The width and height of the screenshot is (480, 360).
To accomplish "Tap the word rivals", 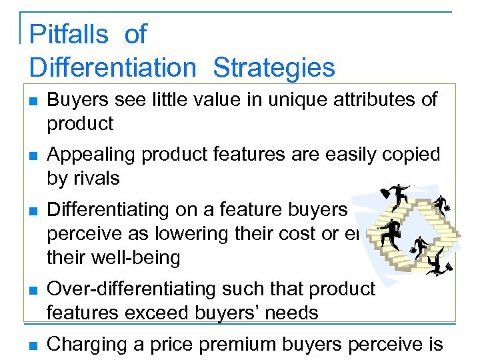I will (x=96, y=178).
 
